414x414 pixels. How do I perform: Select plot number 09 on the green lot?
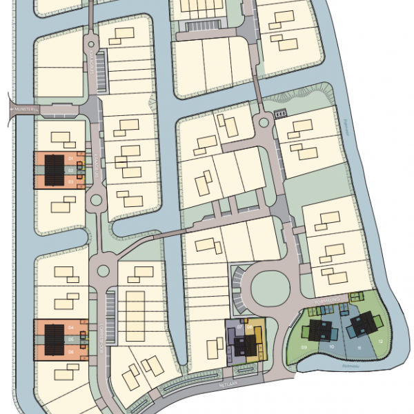(x=304, y=347)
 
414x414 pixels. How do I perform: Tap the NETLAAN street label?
(x=229, y=380)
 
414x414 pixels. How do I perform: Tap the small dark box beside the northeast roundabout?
(x=280, y=113)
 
